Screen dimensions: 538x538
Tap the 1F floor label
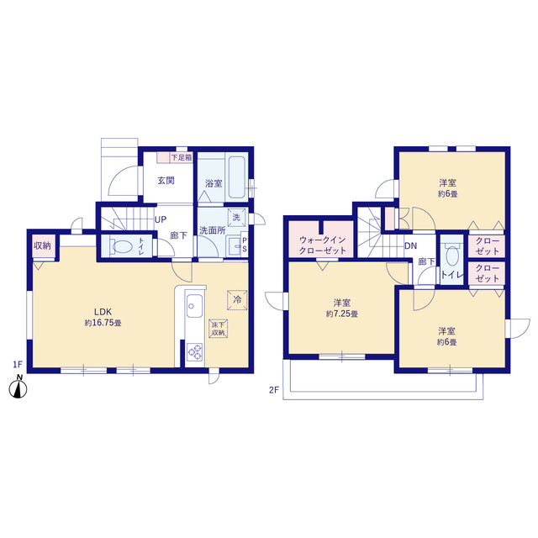tap(17, 364)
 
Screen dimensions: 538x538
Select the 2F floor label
tap(273, 389)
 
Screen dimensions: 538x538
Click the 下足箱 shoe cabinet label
tap(182, 157)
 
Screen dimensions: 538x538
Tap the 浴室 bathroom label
tap(213, 183)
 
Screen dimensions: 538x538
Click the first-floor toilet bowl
tap(122, 247)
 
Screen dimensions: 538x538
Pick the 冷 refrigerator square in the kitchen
tap(237, 298)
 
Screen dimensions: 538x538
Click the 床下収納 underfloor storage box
tap(219, 329)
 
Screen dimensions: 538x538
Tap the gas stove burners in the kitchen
tap(193, 351)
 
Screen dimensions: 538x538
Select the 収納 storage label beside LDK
tap(41, 245)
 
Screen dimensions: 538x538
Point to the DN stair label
tap(410, 246)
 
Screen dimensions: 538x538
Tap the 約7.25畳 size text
tap(341, 314)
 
